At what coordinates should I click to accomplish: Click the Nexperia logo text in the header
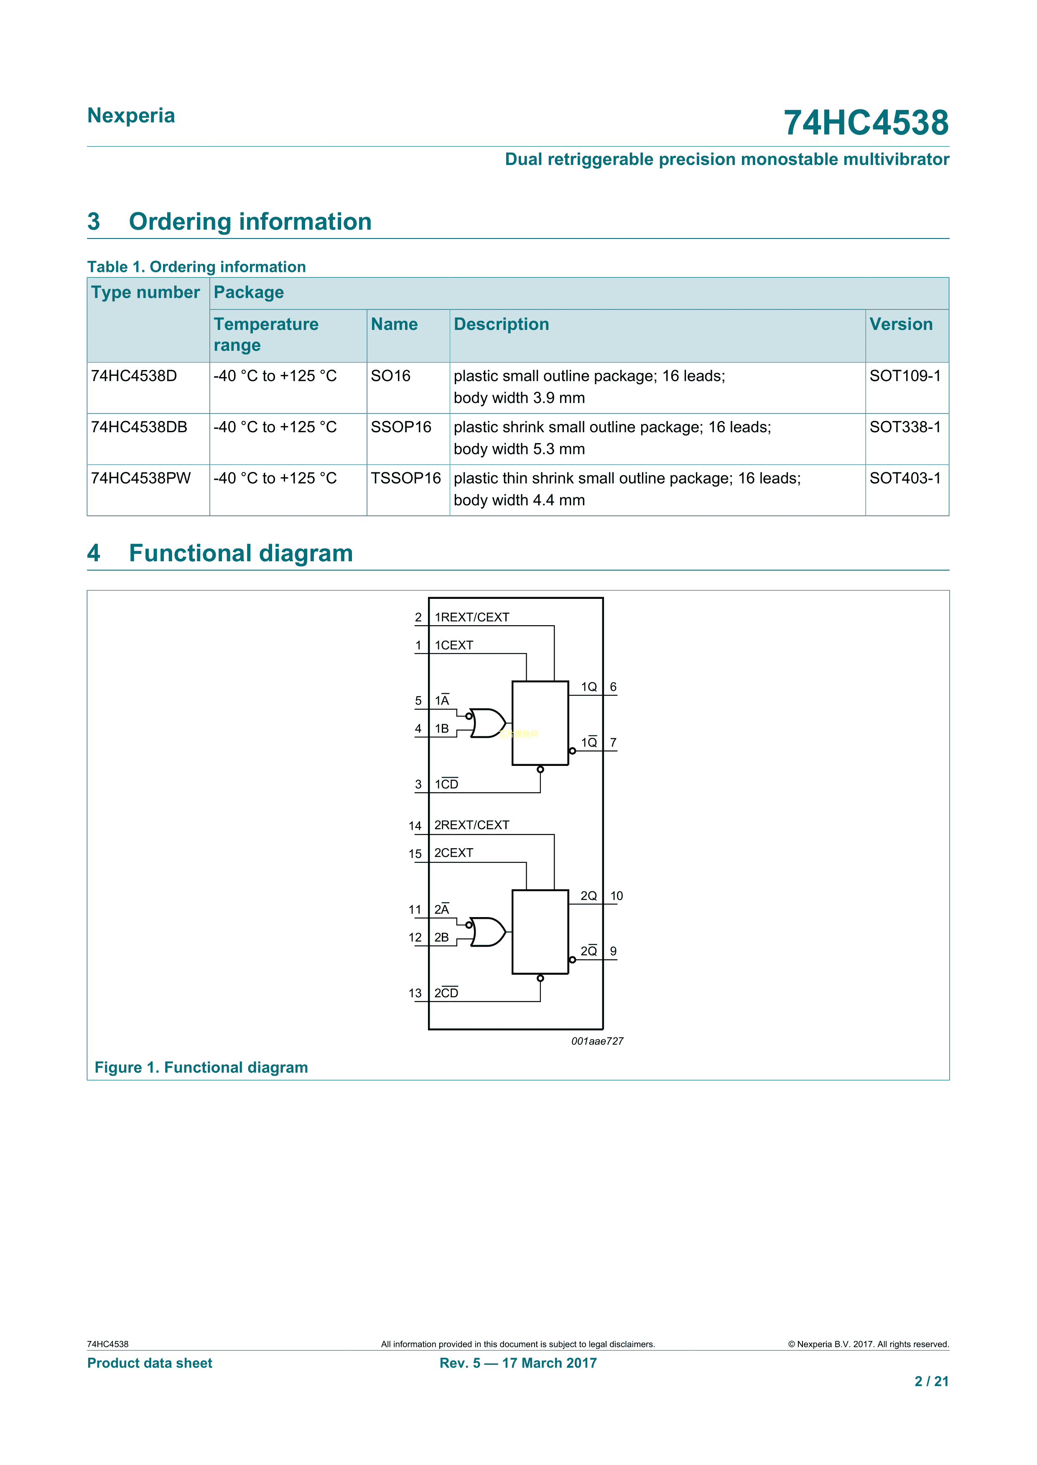click(x=131, y=116)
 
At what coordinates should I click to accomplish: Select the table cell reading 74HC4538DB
click(x=139, y=427)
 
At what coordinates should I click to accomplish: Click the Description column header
click(x=501, y=324)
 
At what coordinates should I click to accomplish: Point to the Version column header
click(x=900, y=324)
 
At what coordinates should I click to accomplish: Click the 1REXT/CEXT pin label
click(x=472, y=617)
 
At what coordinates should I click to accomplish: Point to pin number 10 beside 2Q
click(x=616, y=896)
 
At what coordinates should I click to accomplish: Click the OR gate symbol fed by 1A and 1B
click(x=488, y=723)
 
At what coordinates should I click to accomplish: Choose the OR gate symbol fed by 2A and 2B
click(x=488, y=932)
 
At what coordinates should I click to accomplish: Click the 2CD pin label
click(x=446, y=993)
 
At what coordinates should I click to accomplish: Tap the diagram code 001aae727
click(x=597, y=1041)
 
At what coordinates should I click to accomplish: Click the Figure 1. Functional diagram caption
click(x=201, y=1067)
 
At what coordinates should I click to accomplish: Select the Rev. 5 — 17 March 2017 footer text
click(x=518, y=1363)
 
